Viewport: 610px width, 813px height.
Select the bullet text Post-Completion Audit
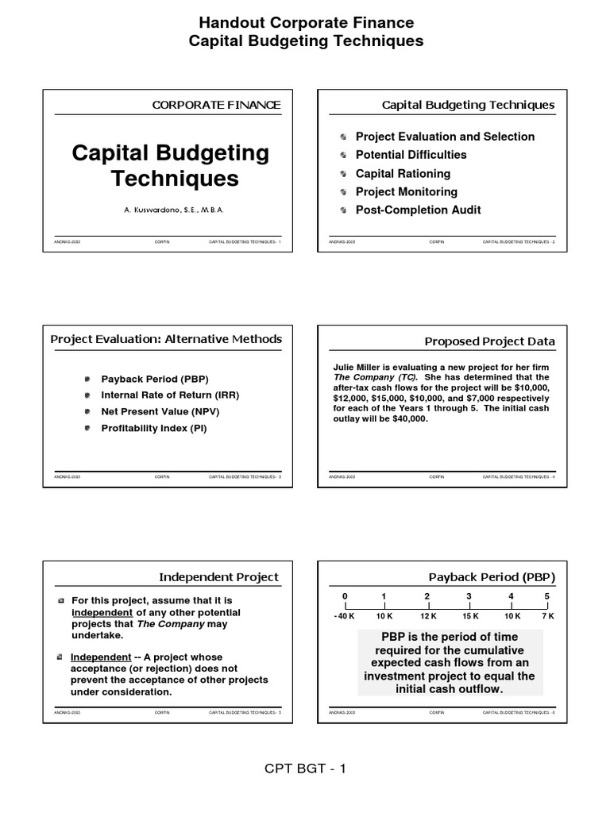pyautogui.click(x=418, y=210)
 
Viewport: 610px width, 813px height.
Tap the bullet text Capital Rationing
pyautogui.click(x=403, y=174)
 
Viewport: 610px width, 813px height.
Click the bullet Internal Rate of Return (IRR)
pyautogui.click(x=170, y=395)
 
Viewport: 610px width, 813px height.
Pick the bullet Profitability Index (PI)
pyautogui.click(x=154, y=429)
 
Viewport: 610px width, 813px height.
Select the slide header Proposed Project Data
pyautogui.click(x=490, y=341)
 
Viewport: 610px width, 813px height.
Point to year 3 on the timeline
pyautogui.click(x=469, y=596)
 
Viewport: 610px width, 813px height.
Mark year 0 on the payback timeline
pyautogui.click(x=345, y=596)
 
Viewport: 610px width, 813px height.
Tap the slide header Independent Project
pyautogui.click(x=219, y=577)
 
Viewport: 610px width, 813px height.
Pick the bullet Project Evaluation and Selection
pyautogui.click(x=445, y=137)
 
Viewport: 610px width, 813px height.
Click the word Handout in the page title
pyautogui.click(x=230, y=23)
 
